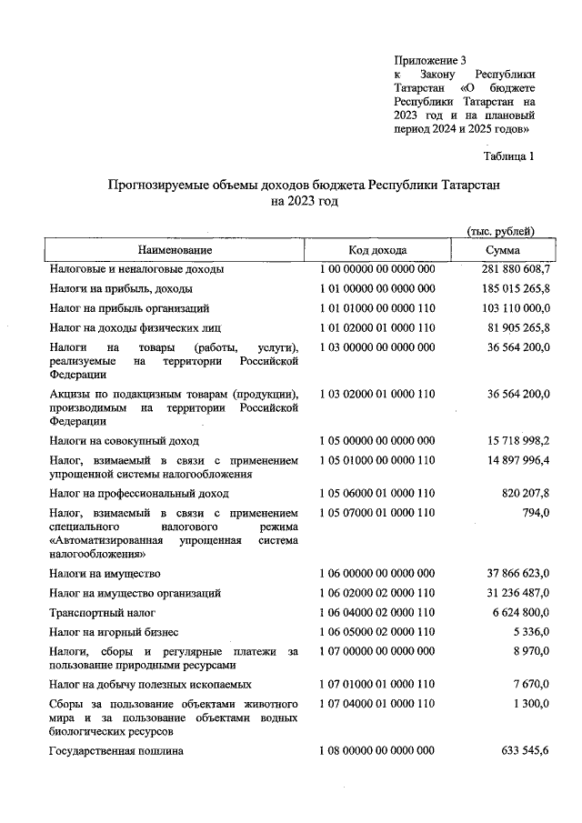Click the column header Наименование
pos(175,249)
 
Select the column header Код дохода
pos(377,249)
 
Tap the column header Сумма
pos(502,249)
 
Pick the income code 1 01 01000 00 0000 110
pos(377,308)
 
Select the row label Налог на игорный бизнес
pos(114,631)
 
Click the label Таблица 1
pos(510,156)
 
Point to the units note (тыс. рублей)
pos(499,231)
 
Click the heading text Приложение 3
pos(430,59)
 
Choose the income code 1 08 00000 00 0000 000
pos(377,750)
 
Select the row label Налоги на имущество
pos(105,573)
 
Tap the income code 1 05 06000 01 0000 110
pos(377,494)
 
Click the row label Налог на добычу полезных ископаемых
pos(150,684)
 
